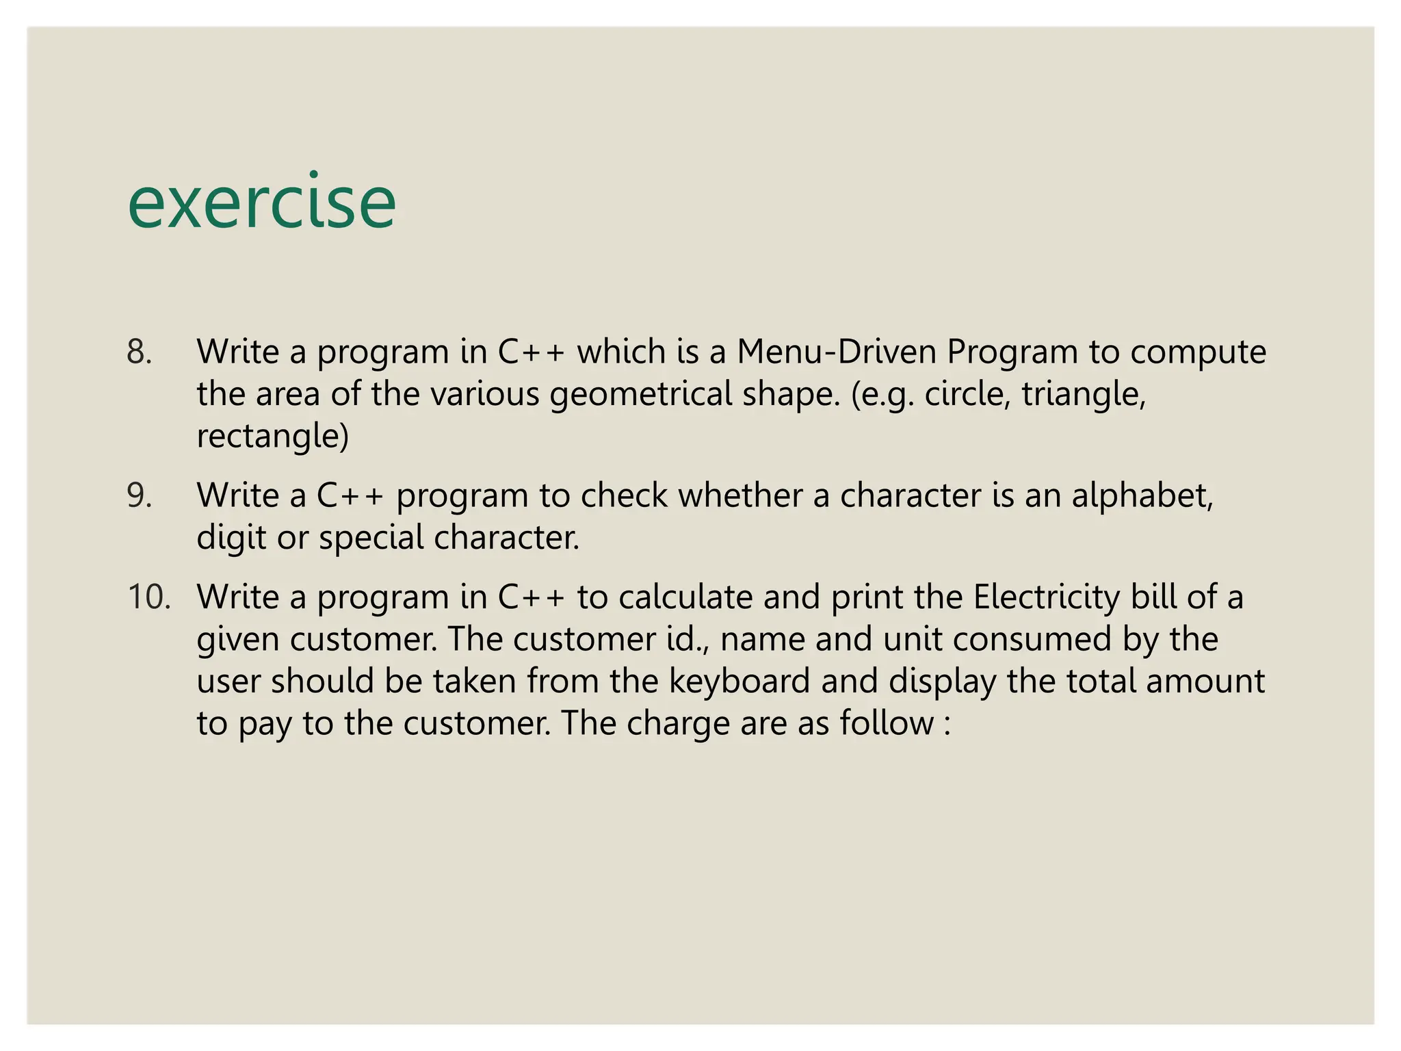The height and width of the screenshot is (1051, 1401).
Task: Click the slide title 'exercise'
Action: pos(261,203)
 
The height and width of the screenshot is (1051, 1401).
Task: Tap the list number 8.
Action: pos(139,352)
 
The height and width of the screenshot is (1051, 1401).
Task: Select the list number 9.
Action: pos(139,495)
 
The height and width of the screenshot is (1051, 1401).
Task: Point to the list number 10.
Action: pos(148,597)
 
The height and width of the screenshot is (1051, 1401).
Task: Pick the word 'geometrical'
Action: pos(641,395)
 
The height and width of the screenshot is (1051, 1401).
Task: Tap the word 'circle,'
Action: pos(967,393)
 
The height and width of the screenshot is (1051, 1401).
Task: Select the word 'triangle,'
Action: pos(1084,395)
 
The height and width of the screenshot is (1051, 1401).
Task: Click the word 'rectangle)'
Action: pos(272,437)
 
